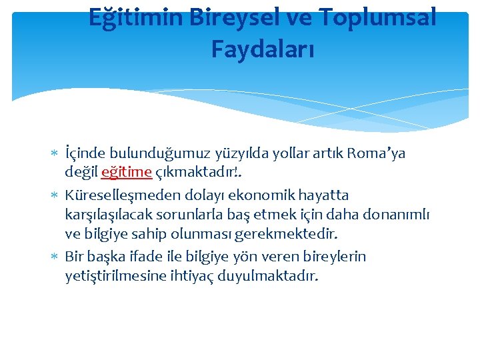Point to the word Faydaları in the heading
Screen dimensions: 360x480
coord(263,49)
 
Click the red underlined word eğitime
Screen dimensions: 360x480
coord(127,172)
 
